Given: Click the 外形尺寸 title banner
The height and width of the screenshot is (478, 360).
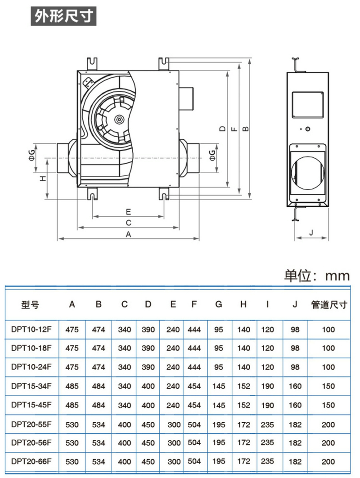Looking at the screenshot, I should tap(66, 17).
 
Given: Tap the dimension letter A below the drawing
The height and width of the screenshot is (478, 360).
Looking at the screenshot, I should tap(128, 234).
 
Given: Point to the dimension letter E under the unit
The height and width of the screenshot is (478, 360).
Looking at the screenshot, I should tap(128, 211).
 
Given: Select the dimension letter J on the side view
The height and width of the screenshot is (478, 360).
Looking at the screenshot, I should tap(311, 233).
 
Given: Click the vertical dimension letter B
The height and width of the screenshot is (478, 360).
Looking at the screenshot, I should tap(245, 129).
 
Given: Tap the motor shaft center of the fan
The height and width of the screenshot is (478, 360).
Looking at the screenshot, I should tap(119, 119).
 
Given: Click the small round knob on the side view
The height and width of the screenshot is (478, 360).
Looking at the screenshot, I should tap(308, 130).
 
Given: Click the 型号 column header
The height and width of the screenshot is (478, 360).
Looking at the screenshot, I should tap(30, 304).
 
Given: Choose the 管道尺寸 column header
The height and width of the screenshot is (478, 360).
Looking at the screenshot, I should tap(329, 304).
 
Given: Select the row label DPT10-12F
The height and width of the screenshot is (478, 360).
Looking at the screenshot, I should tap(31, 329).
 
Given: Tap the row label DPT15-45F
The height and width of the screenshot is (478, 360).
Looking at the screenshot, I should tap(31, 405).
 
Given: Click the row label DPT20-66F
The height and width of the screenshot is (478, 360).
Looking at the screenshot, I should tap(31, 461).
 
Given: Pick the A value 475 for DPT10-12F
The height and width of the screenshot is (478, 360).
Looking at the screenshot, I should tap(72, 329).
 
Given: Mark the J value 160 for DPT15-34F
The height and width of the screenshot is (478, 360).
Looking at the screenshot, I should tap(295, 386).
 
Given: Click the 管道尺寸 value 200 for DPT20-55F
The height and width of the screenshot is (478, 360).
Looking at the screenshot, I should tap(329, 424).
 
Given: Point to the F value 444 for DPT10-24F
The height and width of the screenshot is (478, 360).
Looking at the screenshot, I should tap(194, 367).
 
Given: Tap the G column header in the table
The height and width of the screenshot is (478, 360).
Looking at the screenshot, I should tap(219, 304).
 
